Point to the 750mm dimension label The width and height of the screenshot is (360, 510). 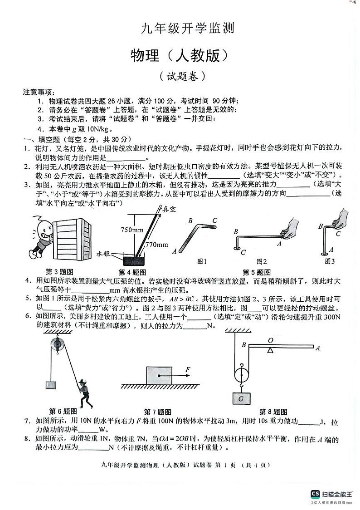[x=132, y=230]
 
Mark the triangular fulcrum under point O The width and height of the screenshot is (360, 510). [x=270, y=350]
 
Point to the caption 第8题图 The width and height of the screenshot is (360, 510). [x=273, y=412]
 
